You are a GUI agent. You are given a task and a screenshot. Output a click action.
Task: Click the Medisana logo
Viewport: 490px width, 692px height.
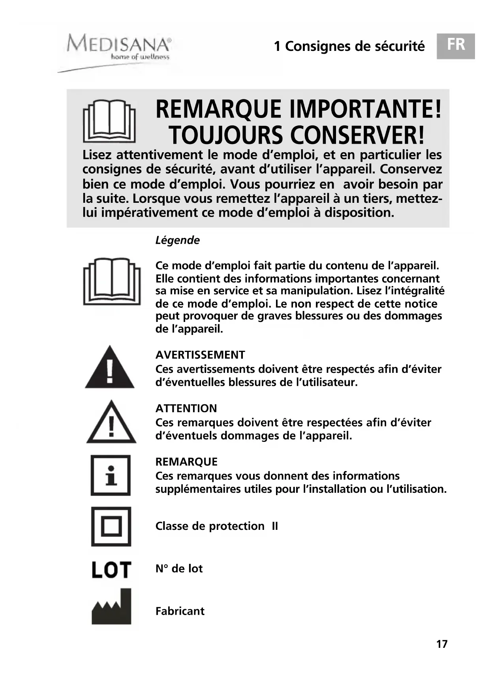click(118, 47)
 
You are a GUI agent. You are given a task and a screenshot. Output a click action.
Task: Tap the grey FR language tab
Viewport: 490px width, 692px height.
click(456, 46)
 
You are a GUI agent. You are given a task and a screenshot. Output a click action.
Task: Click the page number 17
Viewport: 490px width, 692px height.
click(442, 644)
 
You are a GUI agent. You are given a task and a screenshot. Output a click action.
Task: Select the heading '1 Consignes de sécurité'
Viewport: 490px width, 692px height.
click(349, 46)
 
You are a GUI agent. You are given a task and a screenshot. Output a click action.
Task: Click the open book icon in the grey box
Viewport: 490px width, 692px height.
click(109, 121)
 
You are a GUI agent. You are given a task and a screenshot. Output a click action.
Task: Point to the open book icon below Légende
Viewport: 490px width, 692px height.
click(112, 281)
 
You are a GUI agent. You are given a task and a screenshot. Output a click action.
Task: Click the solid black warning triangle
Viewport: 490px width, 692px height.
click(110, 368)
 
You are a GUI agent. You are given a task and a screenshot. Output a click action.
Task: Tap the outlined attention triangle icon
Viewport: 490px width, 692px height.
click(111, 423)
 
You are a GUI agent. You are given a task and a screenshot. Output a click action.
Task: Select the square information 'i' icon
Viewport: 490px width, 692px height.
click(111, 475)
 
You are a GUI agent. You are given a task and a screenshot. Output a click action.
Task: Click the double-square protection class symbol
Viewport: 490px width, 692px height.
click(111, 526)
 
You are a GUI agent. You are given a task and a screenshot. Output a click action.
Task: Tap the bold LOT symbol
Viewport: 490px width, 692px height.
click(111, 570)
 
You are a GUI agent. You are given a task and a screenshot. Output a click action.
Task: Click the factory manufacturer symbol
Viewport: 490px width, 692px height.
click(111, 607)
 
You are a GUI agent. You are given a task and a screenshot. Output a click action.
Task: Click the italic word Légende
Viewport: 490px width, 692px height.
click(177, 240)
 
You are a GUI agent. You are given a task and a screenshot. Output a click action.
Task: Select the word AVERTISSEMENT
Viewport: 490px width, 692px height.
click(200, 355)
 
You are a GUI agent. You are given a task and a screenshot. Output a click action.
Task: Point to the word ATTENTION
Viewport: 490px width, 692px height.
click(186, 408)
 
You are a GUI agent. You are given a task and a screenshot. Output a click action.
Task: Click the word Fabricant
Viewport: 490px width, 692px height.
click(180, 611)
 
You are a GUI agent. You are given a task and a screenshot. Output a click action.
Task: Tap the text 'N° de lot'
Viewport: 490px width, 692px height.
click(179, 569)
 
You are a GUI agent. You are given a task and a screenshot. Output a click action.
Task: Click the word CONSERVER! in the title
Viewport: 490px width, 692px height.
click(358, 135)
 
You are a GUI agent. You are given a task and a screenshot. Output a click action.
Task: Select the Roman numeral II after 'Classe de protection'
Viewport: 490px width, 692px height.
click(274, 526)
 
